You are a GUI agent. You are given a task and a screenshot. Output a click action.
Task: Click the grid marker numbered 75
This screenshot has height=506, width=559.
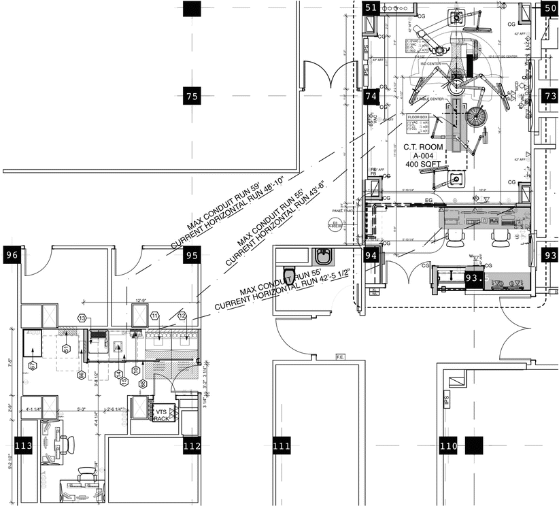[192, 97]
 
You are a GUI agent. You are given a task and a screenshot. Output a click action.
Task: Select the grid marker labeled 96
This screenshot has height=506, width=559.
[12, 256]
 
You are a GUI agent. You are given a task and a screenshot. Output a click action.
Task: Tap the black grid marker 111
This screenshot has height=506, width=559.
[282, 446]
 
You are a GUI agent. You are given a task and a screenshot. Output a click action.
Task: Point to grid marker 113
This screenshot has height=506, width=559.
[23, 446]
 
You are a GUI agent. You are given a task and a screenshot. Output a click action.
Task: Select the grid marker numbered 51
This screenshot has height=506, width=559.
[371, 8]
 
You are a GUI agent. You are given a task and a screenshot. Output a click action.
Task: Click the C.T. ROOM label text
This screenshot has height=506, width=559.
[423, 147]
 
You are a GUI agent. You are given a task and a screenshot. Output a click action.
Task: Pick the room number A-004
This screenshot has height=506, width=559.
[423, 156]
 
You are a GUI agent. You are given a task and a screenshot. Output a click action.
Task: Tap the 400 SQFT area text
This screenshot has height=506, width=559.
[423, 165]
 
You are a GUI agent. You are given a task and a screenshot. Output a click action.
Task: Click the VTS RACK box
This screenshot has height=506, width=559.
[163, 415]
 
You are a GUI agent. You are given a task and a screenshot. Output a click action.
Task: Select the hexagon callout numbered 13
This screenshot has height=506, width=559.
[82, 318]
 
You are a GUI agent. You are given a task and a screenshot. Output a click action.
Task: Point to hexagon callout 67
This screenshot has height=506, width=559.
[33, 366]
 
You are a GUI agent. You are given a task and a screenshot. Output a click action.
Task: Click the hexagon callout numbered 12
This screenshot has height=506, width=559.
[182, 316]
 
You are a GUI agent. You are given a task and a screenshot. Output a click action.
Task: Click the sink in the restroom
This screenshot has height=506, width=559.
[322, 258]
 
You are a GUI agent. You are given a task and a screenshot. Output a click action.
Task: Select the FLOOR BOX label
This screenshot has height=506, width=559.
[418, 117]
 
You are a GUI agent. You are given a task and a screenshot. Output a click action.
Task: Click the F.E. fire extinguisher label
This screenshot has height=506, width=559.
[341, 357]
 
